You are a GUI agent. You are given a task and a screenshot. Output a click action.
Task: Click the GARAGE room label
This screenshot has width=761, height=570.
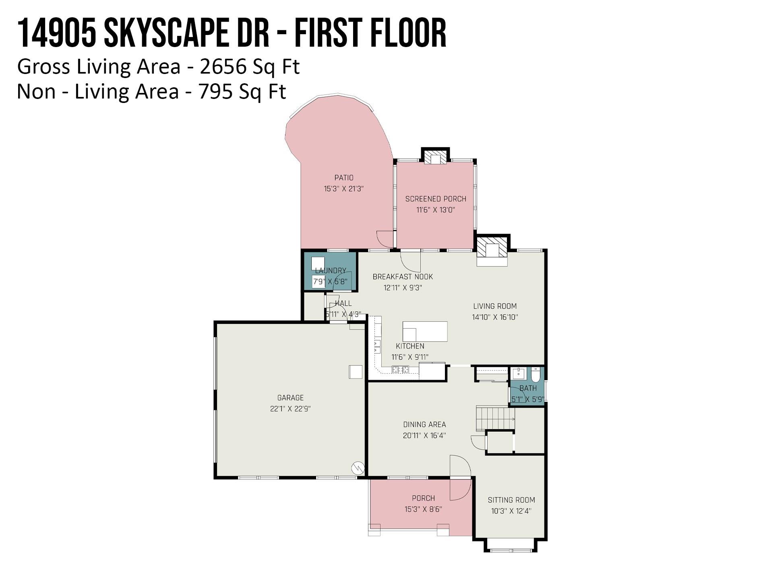tap(290, 398)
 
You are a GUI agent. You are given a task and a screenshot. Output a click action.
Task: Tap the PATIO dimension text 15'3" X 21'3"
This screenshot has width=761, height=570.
tap(344, 189)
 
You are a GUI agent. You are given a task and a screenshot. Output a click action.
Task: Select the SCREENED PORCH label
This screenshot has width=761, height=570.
tap(436, 199)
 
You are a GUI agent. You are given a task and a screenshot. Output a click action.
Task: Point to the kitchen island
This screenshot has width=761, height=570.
tap(425, 331)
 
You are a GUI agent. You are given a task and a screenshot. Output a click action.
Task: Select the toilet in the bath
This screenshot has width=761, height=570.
tap(535, 375)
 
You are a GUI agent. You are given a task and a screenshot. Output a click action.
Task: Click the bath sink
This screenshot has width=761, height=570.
tap(518, 373)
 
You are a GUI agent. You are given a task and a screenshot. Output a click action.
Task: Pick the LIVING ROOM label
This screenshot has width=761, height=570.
tap(495, 306)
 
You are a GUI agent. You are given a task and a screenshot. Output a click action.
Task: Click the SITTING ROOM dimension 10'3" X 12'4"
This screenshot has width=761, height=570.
tap(511, 511)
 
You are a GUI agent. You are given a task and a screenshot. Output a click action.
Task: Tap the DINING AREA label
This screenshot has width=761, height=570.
tap(424, 424)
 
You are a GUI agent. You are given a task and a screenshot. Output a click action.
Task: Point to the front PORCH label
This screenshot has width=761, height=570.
tap(423, 498)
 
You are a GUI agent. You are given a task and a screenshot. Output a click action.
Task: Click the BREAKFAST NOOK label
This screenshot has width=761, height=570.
tap(403, 277)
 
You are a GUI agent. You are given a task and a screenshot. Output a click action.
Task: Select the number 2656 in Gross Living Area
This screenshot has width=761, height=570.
tap(223, 67)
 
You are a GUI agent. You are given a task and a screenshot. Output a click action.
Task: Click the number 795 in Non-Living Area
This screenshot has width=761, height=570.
tap(215, 92)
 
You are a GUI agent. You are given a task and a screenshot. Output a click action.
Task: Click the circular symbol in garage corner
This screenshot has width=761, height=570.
tap(358, 468)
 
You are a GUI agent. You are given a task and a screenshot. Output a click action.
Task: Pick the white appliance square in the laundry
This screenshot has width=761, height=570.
tap(318, 263)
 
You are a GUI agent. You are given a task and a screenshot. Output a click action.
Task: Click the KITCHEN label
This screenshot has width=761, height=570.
tap(410, 346)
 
